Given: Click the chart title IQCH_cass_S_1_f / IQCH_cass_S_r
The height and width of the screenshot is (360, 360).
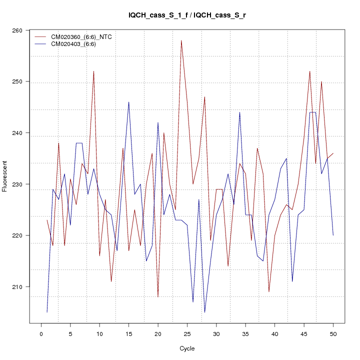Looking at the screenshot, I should point(187,15).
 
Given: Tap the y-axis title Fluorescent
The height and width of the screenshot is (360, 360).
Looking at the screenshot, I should point(5,176).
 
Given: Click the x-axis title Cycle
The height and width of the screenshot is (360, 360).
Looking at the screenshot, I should point(187,348).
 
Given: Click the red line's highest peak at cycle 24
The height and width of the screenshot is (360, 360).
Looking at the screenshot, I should point(181,40).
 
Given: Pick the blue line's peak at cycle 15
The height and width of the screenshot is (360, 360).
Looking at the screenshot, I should point(128,102).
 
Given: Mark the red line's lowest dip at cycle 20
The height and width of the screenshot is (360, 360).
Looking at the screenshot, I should point(158,297).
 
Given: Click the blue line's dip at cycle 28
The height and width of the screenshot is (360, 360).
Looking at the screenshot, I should point(204,312).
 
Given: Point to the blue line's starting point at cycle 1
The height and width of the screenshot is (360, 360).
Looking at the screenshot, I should point(47,312).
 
